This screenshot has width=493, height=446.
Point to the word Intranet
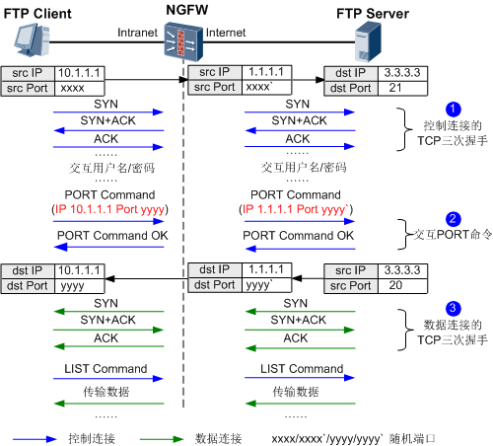click(x=136, y=34)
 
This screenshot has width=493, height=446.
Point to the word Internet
click(x=226, y=34)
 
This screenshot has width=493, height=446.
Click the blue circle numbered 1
click(x=453, y=108)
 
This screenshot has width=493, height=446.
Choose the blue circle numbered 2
click(x=453, y=219)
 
